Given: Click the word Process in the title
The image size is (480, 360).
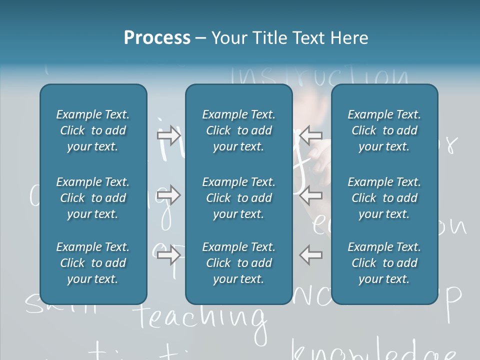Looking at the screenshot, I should [157, 38].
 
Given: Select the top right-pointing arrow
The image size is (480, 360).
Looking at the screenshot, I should [169, 135].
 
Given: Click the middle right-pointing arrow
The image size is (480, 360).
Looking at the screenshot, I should [169, 195].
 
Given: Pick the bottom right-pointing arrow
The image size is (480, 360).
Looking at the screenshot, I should [169, 255].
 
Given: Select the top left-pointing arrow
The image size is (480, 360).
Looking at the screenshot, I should [310, 135].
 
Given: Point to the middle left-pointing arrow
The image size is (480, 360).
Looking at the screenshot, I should [310, 195].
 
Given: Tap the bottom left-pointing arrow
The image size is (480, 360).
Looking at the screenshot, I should [310, 255].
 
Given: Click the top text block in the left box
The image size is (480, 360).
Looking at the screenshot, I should [93, 130].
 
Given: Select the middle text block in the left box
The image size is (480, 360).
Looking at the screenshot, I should [93, 198].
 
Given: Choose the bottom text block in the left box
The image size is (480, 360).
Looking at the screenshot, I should [93, 263].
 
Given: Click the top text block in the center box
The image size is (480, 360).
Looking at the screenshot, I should [238, 130].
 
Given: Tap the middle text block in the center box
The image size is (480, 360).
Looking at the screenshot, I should [238, 198].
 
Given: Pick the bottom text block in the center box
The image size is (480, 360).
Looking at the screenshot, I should [238, 263].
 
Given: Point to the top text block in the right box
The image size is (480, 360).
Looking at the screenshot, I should [384, 130].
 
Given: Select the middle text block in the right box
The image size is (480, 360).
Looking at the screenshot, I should [384, 198].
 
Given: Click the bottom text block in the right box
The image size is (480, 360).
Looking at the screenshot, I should [384, 263].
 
